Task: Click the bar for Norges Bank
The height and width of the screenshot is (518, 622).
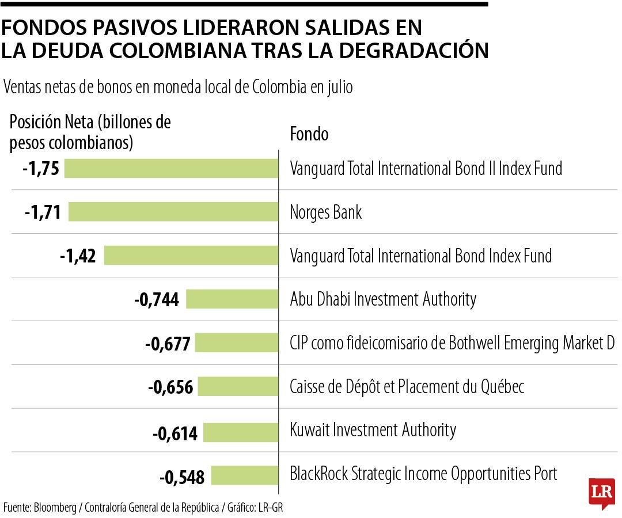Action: [173, 212]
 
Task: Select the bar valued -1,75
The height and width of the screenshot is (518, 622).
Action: [171, 169]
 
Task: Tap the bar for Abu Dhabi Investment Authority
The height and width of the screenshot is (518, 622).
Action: [232, 299]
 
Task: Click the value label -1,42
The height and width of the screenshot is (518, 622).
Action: [77, 256]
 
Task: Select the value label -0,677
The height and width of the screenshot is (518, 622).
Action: [167, 344]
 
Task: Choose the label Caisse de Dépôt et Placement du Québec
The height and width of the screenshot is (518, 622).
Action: [407, 387]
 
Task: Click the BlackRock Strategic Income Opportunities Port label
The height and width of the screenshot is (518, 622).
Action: [423, 474]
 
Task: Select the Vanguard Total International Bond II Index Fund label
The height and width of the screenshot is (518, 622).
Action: [426, 169]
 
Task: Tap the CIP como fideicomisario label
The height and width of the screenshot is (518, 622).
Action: [452, 343]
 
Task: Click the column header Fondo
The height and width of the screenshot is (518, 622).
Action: [309, 134]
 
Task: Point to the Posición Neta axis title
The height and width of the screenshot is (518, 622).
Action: [90, 132]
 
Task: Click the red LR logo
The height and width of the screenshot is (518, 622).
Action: [601, 493]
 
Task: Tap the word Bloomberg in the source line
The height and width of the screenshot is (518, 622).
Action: [55, 508]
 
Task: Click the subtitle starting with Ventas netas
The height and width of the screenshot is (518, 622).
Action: [178, 87]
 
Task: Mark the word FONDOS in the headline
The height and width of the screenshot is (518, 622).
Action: [43, 27]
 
